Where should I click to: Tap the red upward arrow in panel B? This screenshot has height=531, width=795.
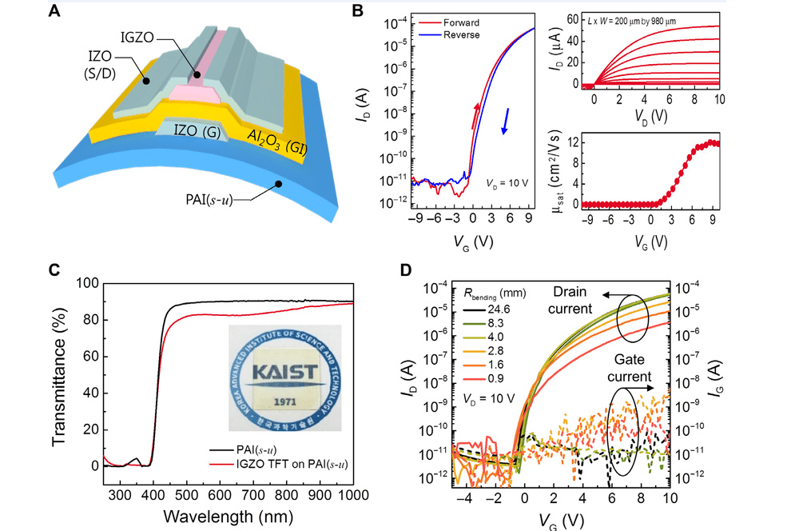[477, 114]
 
